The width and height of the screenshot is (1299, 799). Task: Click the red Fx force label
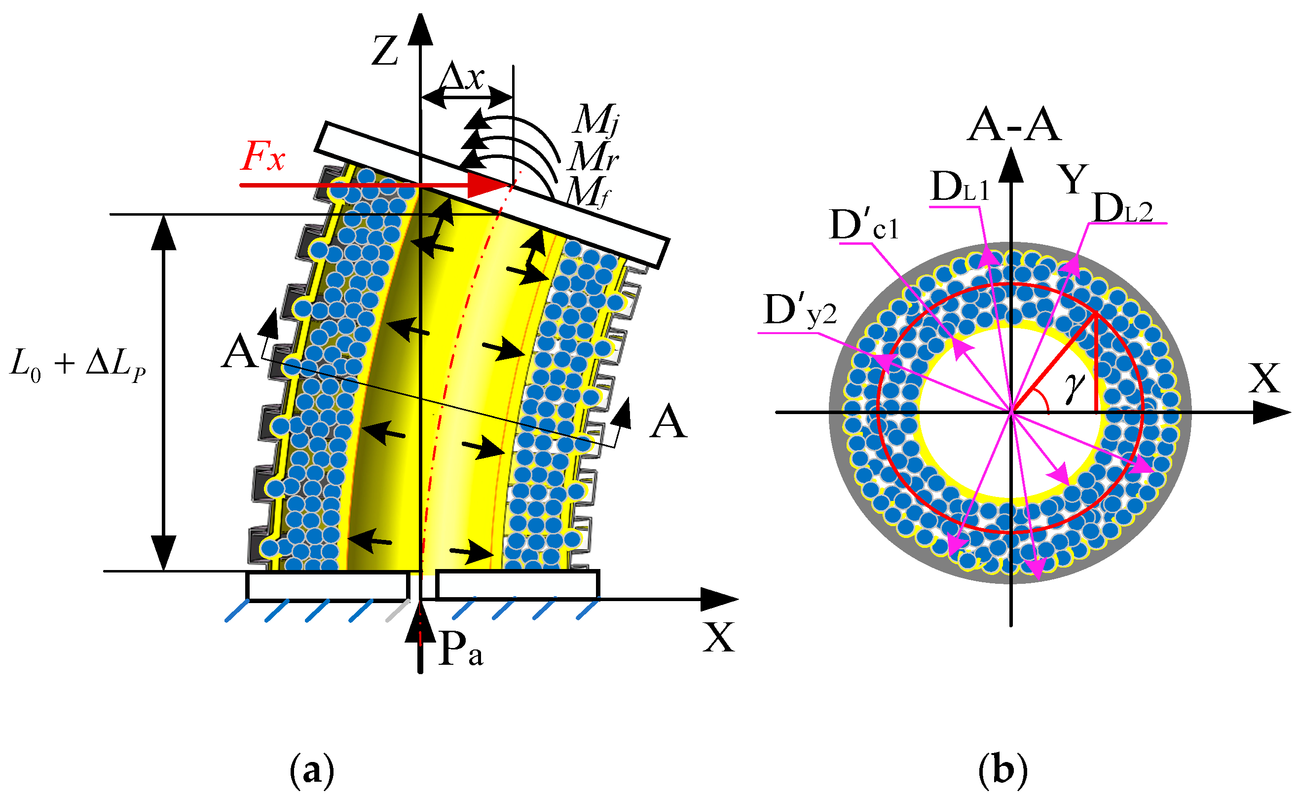point(262,156)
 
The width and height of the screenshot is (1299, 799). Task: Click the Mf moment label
point(588,192)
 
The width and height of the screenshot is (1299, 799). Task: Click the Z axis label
point(385,51)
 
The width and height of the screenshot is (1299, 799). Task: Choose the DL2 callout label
point(1122,208)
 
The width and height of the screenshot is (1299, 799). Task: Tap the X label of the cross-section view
point(1264,379)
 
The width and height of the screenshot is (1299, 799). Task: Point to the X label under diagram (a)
point(719,637)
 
